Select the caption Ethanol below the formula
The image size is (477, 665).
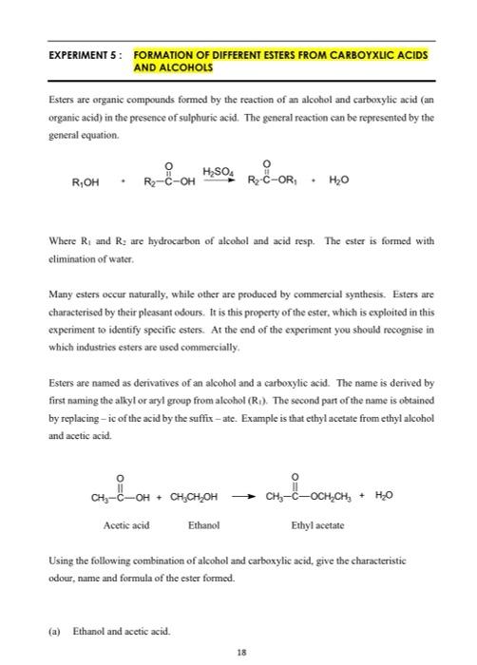[x=204, y=523]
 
